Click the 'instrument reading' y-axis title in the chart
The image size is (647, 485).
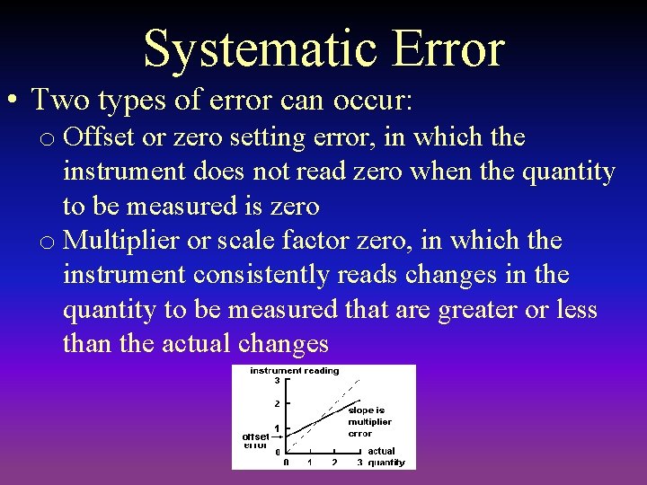[x=294, y=370]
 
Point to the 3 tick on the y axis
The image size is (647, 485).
[x=277, y=380]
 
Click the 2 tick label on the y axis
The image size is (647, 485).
[x=277, y=403]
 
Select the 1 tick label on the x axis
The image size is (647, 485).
[x=310, y=463]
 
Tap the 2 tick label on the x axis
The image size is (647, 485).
[x=334, y=463]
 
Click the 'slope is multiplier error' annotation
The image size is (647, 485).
[x=369, y=421]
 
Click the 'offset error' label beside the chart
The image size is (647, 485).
[x=255, y=440]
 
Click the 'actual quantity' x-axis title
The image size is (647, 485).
[x=386, y=457]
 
